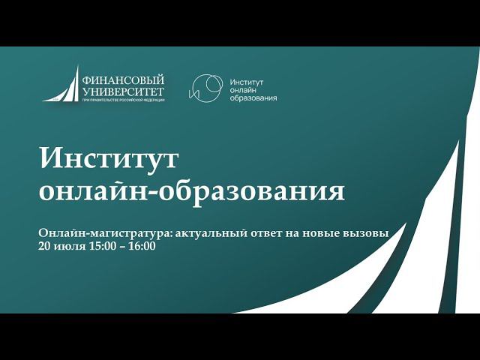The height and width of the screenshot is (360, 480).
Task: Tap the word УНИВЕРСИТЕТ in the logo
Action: [123, 91]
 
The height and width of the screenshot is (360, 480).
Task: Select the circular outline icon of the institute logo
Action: [205, 88]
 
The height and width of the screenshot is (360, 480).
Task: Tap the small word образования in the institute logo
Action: [253, 98]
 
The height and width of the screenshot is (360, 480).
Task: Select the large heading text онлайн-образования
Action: [191, 190]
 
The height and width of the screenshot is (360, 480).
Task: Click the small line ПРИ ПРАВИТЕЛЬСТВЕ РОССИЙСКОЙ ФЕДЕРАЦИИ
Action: [123, 100]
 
